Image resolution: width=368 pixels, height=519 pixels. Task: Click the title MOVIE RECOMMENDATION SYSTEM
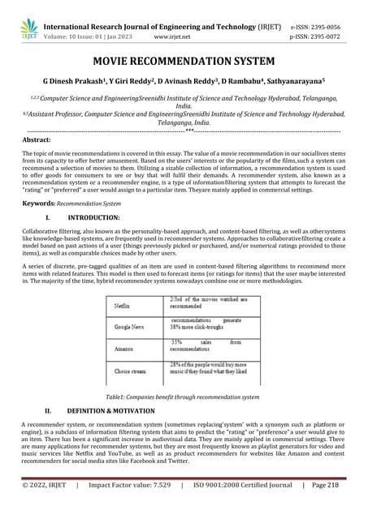coord(184,62)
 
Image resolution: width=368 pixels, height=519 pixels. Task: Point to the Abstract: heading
coord(39,139)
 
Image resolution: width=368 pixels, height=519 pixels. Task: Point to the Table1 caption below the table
coord(183,397)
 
